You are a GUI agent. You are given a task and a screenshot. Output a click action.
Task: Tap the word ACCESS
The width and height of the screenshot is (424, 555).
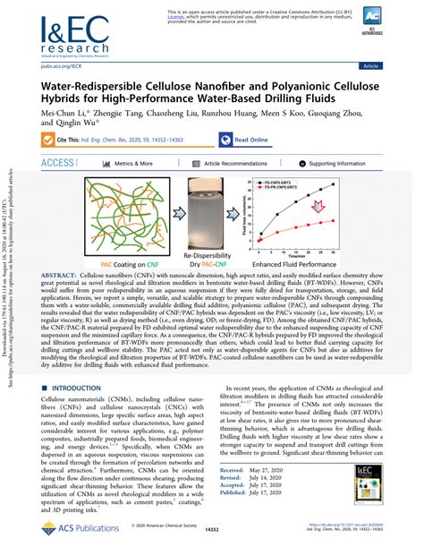(x=58, y=164)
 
